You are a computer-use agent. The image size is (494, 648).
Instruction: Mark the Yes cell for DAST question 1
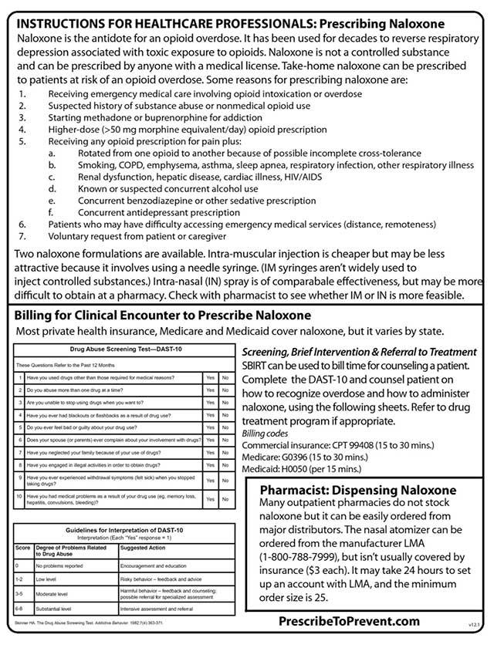[210, 378]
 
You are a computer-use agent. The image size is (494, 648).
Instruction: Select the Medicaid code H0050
[303, 467]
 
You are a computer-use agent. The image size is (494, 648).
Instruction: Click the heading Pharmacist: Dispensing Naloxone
[357, 491]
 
